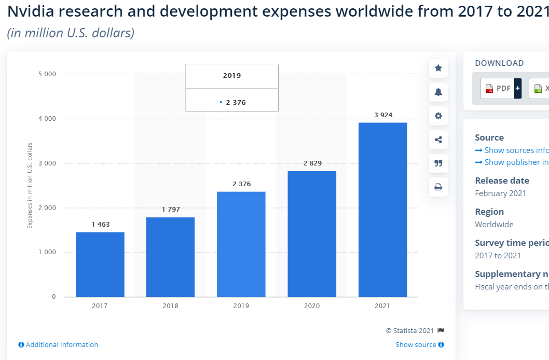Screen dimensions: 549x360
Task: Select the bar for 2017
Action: point(100,265)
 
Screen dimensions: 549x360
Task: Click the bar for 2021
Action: point(382,210)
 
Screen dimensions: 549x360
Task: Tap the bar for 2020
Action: point(312,234)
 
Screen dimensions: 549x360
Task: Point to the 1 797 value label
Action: point(171,209)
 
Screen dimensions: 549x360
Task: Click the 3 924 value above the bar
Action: point(383,115)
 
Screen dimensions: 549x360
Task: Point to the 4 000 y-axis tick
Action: point(47,119)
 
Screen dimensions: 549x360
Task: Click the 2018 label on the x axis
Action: point(171,306)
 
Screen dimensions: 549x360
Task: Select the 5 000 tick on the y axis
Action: point(47,74)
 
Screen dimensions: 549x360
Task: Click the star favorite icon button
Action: point(438,68)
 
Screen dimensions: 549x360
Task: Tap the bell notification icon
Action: point(438,92)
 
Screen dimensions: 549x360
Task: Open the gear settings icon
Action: point(438,116)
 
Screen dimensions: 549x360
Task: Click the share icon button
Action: point(438,140)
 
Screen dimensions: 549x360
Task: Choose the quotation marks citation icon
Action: point(438,163)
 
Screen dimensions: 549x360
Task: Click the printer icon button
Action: point(438,187)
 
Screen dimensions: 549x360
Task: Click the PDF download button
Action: point(501,88)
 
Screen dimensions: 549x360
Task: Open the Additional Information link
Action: point(58,344)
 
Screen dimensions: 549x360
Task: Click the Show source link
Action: point(420,344)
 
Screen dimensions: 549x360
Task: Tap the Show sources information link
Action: point(512,150)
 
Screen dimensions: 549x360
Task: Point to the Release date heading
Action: point(502,181)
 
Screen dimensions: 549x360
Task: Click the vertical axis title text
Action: point(30,185)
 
